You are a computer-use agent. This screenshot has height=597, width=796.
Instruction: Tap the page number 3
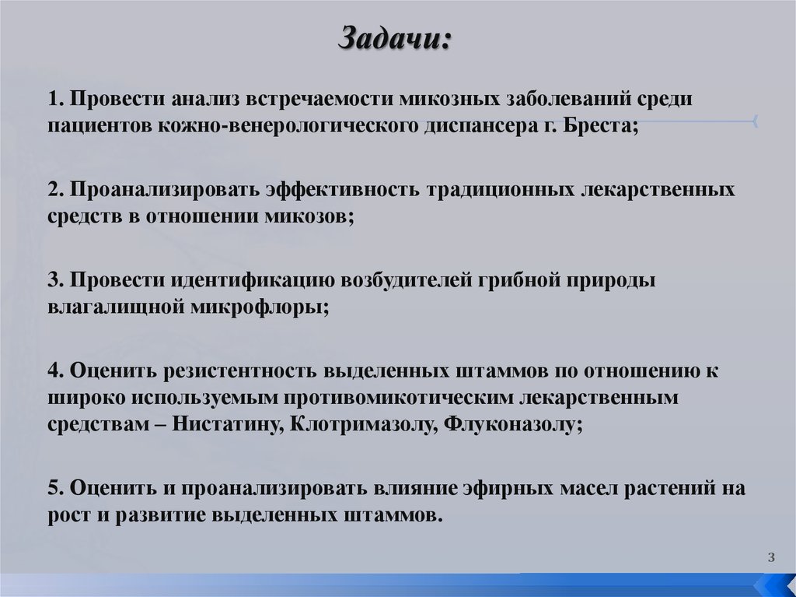(x=770, y=556)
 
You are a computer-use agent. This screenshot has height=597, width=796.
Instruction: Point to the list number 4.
(x=53, y=370)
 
